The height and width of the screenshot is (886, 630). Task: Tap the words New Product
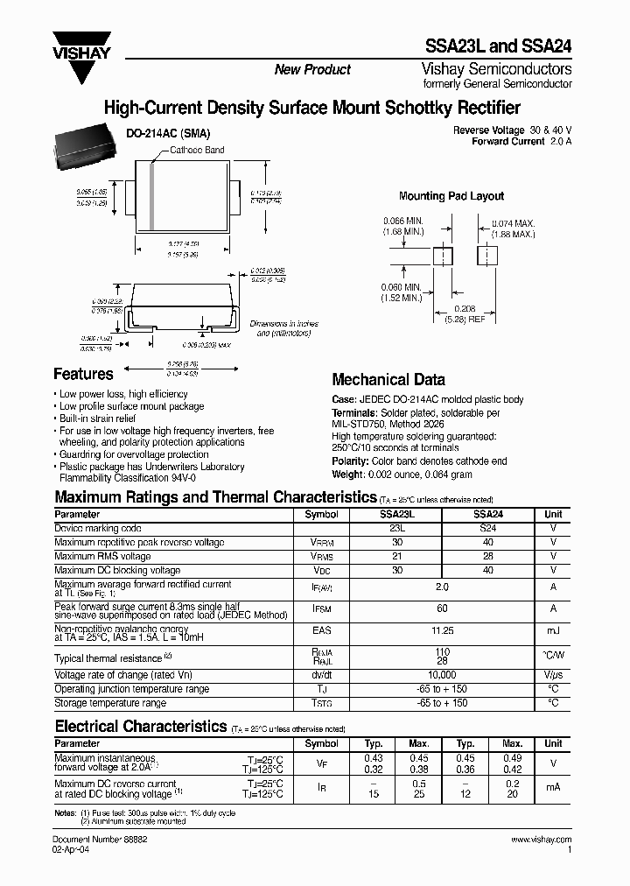coord(312,70)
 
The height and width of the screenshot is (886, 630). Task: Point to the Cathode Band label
coord(196,150)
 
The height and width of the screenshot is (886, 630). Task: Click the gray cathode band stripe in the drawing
coord(151,197)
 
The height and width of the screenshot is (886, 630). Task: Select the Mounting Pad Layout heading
coord(451,196)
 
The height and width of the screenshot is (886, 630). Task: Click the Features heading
coord(83,374)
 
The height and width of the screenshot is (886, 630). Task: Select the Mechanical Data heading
coord(388,380)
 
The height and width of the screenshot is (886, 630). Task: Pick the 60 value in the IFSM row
coord(442,607)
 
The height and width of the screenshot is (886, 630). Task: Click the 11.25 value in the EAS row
coord(442,629)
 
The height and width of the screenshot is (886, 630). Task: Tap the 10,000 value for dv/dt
coord(442,676)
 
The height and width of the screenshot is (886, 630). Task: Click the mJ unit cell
coord(553,629)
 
